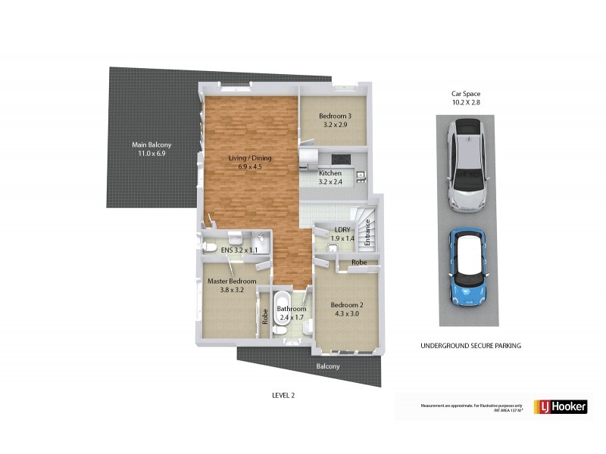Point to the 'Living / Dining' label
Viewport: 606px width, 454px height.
250,158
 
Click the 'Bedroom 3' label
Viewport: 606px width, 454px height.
333,116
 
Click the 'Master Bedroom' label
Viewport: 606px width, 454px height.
232,281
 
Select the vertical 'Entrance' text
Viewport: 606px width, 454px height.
369,232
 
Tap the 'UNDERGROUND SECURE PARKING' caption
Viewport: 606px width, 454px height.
470,345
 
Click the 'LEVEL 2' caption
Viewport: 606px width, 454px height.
283,395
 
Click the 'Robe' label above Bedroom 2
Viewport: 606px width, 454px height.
359,262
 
